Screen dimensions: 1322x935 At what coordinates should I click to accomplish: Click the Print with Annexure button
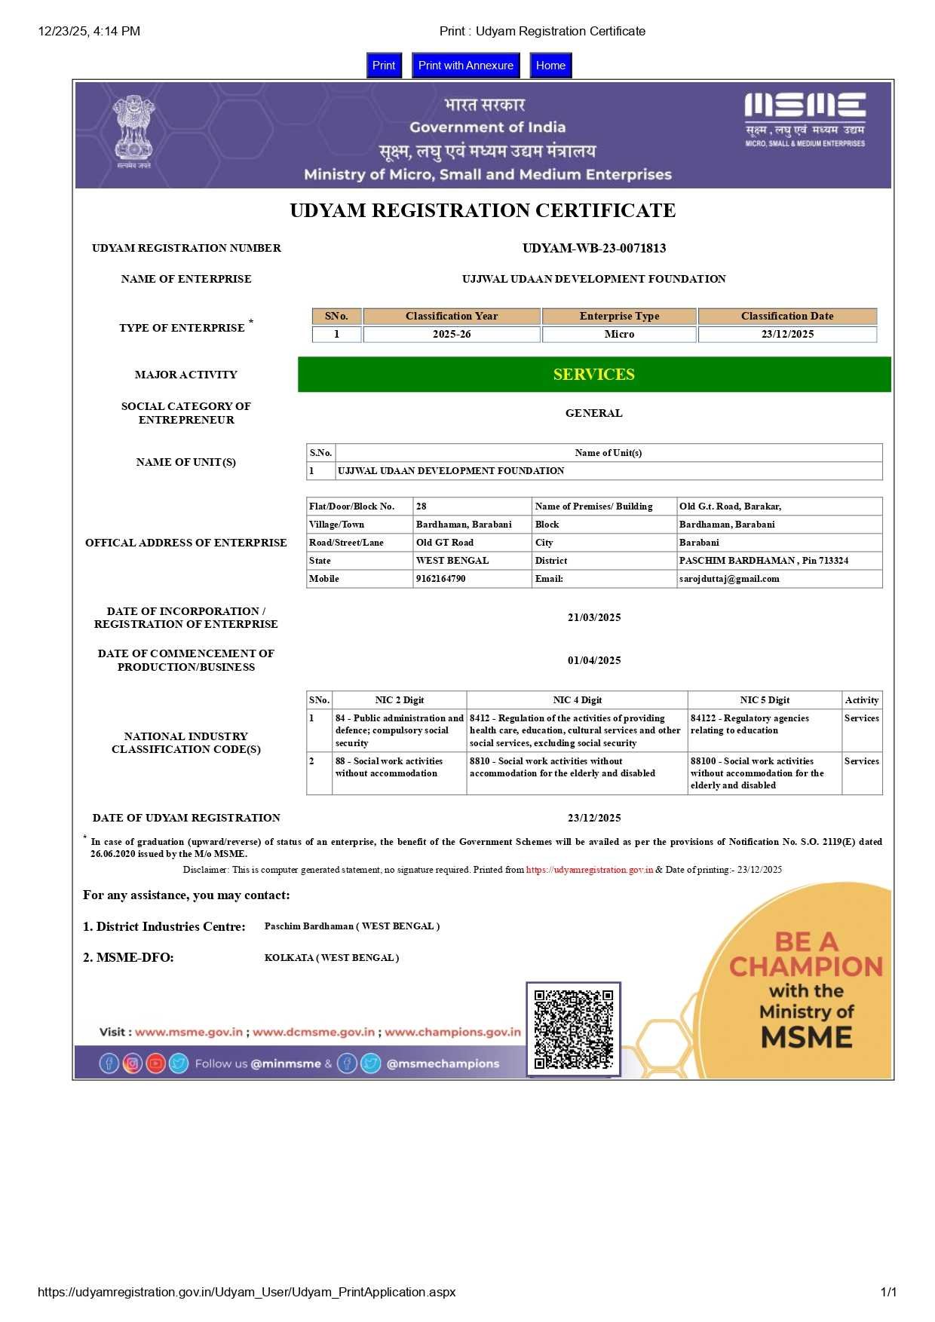click(465, 66)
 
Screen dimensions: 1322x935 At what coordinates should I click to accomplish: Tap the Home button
click(550, 66)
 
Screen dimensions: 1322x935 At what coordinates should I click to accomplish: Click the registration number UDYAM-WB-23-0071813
click(594, 248)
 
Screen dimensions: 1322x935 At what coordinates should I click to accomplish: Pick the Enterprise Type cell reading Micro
click(619, 334)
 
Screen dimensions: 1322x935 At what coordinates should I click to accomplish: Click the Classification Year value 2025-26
click(452, 334)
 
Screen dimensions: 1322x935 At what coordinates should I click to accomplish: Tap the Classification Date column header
click(787, 316)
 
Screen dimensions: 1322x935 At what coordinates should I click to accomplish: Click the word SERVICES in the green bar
click(594, 375)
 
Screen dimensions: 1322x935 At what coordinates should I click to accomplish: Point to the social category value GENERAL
click(594, 413)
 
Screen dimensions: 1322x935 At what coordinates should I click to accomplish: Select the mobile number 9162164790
click(441, 579)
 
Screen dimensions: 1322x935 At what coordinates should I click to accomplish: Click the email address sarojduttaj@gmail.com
click(729, 579)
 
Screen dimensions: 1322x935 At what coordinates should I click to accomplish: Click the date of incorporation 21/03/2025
click(594, 617)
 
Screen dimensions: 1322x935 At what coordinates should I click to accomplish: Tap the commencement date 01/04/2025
click(594, 660)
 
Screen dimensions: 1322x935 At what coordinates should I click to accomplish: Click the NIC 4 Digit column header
click(577, 700)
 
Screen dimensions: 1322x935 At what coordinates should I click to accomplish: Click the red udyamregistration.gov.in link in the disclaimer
click(590, 870)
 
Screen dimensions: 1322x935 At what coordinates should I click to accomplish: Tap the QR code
click(574, 1030)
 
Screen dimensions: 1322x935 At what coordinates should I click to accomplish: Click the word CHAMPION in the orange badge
click(806, 966)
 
